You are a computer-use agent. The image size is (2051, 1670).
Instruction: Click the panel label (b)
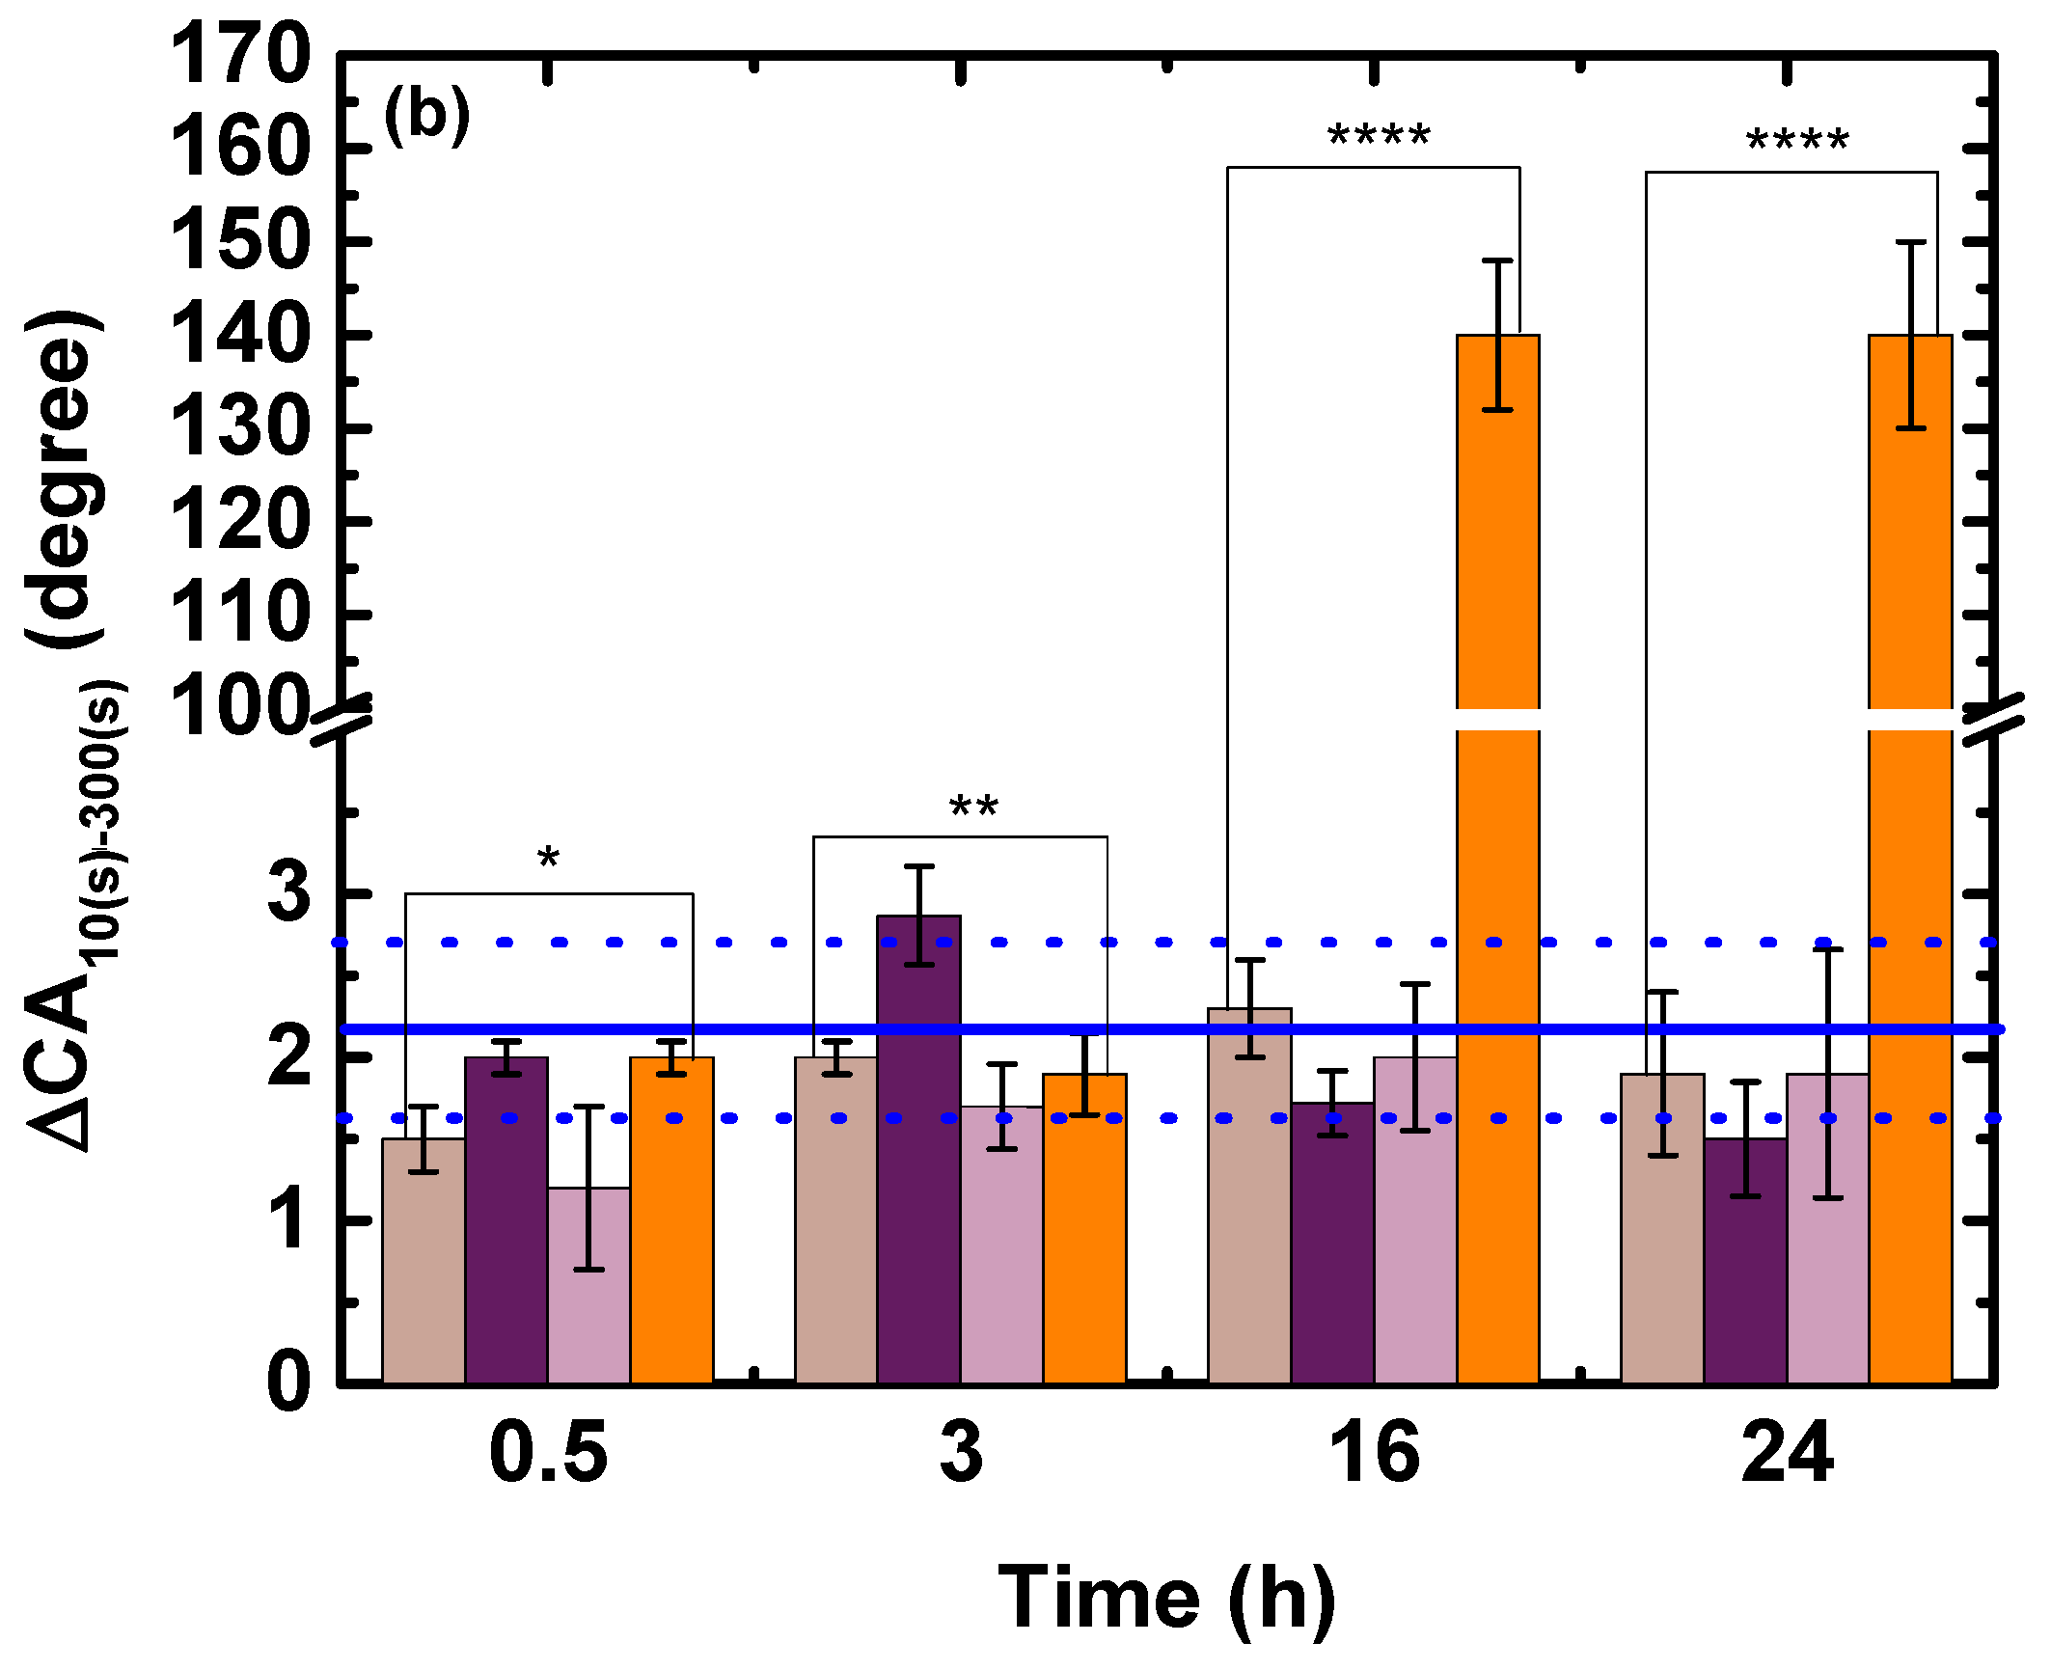(x=426, y=116)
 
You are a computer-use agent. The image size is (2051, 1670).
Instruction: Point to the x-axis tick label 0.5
(x=548, y=1453)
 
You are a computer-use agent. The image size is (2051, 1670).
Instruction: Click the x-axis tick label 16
(x=1374, y=1453)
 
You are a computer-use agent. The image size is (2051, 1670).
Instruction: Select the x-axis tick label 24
(x=1786, y=1453)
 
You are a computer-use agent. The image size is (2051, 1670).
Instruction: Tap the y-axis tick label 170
(x=240, y=56)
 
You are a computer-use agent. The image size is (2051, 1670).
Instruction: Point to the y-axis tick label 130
(x=240, y=427)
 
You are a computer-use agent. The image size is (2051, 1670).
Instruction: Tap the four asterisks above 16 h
(x=1379, y=136)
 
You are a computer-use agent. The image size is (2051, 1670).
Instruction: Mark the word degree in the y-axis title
(x=64, y=479)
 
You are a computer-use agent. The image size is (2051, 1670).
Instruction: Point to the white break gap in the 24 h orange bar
(x=1910, y=720)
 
